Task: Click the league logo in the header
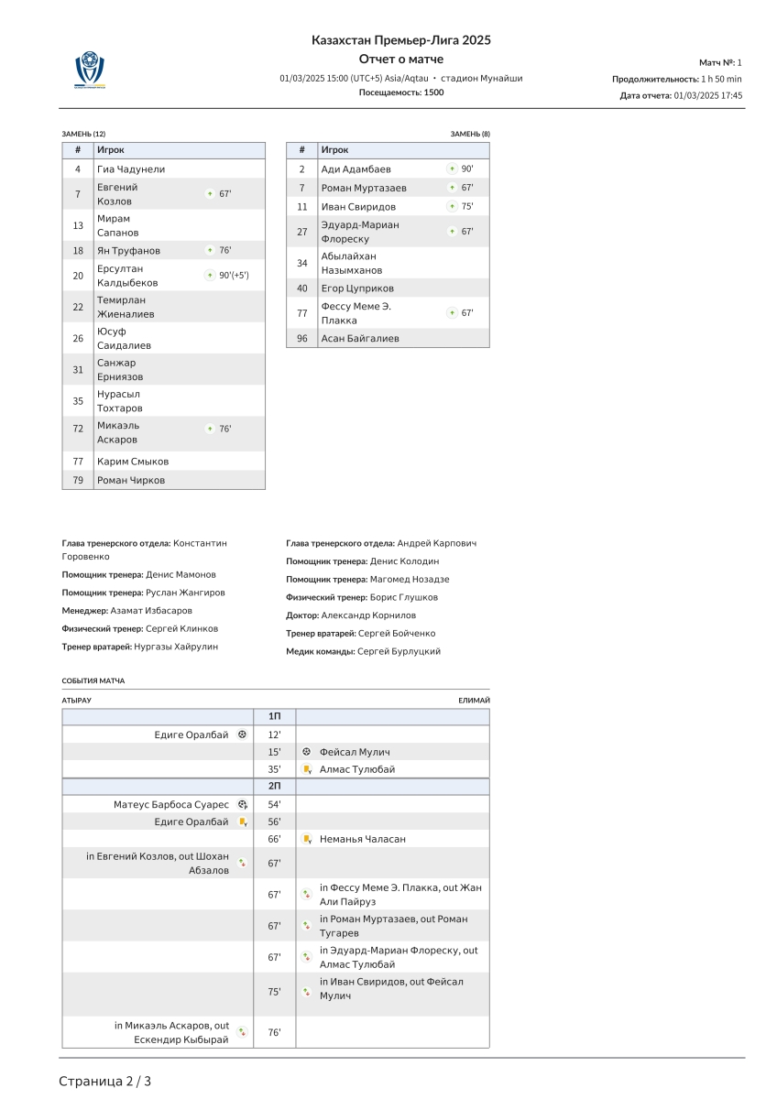[90, 70]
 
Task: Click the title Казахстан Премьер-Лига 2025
[401, 40]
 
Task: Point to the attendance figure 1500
[433, 92]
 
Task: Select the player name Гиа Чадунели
[131, 169]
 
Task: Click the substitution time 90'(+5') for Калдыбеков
[234, 275]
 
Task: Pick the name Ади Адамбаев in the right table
[356, 169]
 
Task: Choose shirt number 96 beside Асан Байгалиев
[301, 339]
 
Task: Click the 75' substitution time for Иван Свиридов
[467, 207]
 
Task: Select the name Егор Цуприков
[356, 288]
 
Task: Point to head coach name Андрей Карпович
[437, 543]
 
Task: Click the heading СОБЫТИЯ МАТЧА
[93, 681]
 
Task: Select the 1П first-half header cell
[274, 716]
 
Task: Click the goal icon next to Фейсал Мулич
[307, 752]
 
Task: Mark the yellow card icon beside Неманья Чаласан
[307, 839]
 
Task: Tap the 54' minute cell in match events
[274, 804]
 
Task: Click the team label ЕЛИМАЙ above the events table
[474, 701]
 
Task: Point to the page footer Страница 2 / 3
[105, 1082]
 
